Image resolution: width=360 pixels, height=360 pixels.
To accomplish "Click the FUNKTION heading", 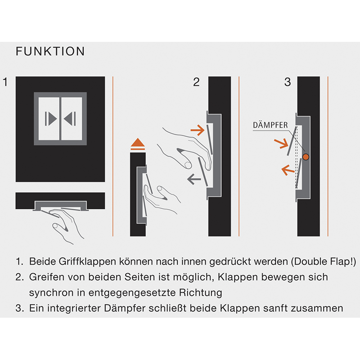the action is (50, 51).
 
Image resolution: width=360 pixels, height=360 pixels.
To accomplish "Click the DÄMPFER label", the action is (270, 125).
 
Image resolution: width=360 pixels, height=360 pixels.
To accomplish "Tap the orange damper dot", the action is (306, 157).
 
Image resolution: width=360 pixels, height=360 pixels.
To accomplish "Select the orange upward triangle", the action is (138, 142).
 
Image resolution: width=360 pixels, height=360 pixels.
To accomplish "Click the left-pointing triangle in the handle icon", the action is (68, 119).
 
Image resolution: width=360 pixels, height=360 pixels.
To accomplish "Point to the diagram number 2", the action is (196, 82).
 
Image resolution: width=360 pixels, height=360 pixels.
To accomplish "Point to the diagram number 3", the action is (288, 82).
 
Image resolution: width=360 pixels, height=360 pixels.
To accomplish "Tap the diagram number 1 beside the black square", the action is (5, 82).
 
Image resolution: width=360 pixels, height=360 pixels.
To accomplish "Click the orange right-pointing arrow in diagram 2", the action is (198, 130).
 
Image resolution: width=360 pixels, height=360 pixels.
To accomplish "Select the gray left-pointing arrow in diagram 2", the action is (194, 179).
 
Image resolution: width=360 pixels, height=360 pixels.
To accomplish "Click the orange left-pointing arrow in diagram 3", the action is (288, 170).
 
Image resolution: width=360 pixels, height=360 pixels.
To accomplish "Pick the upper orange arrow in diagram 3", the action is (281, 144).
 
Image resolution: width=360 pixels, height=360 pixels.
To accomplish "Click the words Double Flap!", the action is (324, 261).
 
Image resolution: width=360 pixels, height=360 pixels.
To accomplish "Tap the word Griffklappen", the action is (87, 261).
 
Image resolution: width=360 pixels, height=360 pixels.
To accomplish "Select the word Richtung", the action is (200, 293).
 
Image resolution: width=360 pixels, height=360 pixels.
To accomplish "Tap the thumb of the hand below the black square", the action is (60, 228).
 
